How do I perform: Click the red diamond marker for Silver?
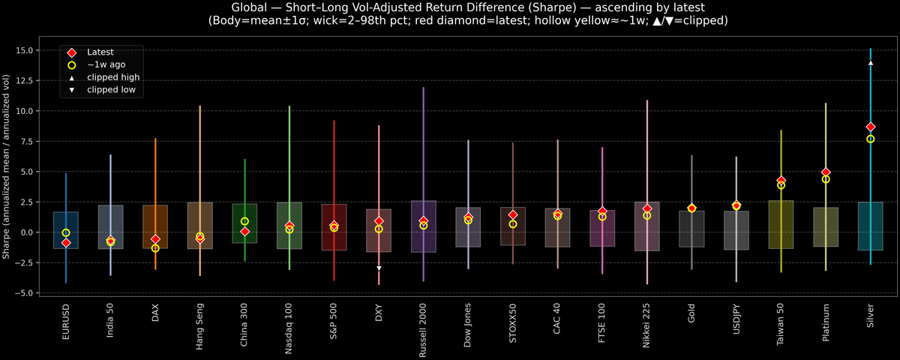pyautogui.click(x=870, y=127)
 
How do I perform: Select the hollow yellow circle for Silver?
pyautogui.click(x=870, y=139)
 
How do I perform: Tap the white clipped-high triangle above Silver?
pyautogui.click(x=870, y=63)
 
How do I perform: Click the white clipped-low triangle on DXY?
pyautogui.click(x=379, y=268)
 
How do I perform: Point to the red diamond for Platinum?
pyautogui.click(x=826, y=172)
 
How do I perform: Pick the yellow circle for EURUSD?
pyautogui.click(x=66, y=233)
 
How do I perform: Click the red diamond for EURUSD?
pyautogui.click(x=66, y=243)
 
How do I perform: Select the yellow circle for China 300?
pyautogui.click(x=244, y=221)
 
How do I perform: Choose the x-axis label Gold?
pyautogui.click(x=691, y=313)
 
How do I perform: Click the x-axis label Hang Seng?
pyautogui.click(x=200, y=324)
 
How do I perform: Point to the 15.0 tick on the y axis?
pyautogui.click(x=25, y=50)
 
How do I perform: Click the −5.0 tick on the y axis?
pyautogui.click(x=25, y=292)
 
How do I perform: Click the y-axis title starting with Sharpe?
pyautogui.click(x=7, y=166)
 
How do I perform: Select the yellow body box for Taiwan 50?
pyautogui.click(x=781, y=224)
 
